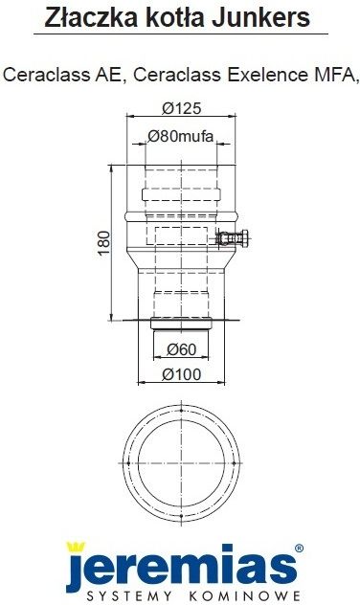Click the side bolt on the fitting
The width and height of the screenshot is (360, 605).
tap(233, 237)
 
